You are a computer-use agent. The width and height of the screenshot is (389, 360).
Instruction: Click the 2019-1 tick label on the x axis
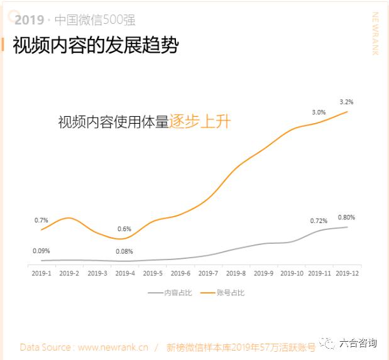41,273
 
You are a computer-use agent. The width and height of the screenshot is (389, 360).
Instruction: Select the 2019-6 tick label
180,273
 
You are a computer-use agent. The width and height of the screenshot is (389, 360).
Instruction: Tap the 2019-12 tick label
347,273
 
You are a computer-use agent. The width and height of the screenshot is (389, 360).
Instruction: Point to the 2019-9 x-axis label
264,273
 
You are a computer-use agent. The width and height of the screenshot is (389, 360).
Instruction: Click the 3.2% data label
346,101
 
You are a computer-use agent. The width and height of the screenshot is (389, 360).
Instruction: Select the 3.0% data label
319,112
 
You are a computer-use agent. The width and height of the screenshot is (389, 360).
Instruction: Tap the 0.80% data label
346,217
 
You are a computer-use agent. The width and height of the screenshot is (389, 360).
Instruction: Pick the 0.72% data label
319,221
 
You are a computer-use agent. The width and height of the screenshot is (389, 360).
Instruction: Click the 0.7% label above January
41,220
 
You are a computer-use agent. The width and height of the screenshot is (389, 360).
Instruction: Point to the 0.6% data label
124,229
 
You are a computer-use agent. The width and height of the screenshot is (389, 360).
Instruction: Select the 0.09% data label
41,251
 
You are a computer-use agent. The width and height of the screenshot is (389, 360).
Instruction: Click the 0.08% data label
124,252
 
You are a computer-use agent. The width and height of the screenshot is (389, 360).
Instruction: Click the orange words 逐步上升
200,121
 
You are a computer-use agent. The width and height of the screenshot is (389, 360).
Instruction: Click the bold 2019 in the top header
29,19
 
